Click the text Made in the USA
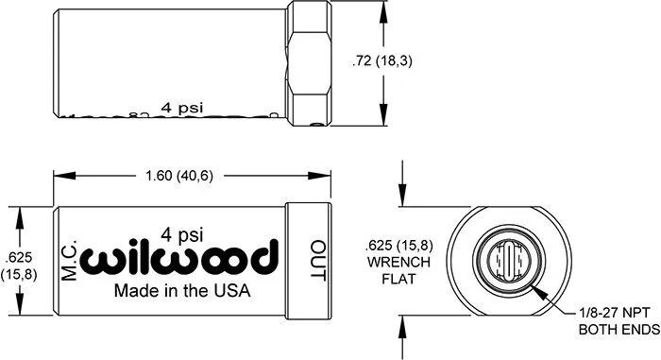point(182,291)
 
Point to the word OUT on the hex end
point(318,261)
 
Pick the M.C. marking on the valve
point(69,260)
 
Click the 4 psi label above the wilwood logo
point(181,235)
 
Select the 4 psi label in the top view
point(181,108)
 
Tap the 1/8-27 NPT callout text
point(614,313)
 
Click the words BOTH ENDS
point(619,329)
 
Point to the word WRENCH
point(398,262)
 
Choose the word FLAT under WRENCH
point(398,279)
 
